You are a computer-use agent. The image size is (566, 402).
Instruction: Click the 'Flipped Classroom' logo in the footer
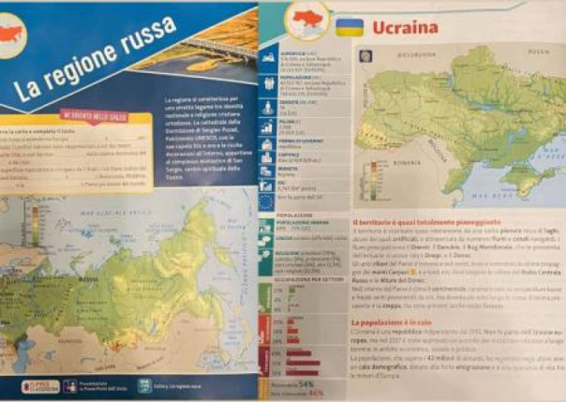click(x=34, y=385)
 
